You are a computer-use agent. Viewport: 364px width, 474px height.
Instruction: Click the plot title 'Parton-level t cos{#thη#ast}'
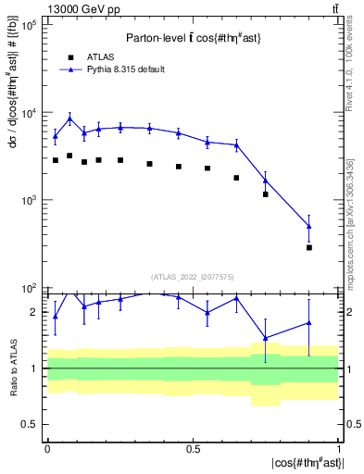pyautogui.click(x=193, y=38)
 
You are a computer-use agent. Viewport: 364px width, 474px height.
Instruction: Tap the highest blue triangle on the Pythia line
pyautogui.click(x=69, y=118)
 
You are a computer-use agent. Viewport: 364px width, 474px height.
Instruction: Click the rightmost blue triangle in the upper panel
pyautogui.click(x=309, y=226)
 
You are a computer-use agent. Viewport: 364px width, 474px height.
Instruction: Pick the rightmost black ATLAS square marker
pyautogui.click(x=309, y=247)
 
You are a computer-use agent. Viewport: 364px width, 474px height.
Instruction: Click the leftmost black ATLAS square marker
pyautogui.click(x=56, y=160)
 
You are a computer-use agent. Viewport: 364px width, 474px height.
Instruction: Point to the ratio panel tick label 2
pyautogui.click(x=34, y=312)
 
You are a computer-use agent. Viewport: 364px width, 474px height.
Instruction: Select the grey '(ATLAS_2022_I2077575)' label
pyautogui.click(x=193, y=277)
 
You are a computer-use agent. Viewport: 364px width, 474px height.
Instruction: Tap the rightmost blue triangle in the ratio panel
pyautogui.click(x=309, y=323)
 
